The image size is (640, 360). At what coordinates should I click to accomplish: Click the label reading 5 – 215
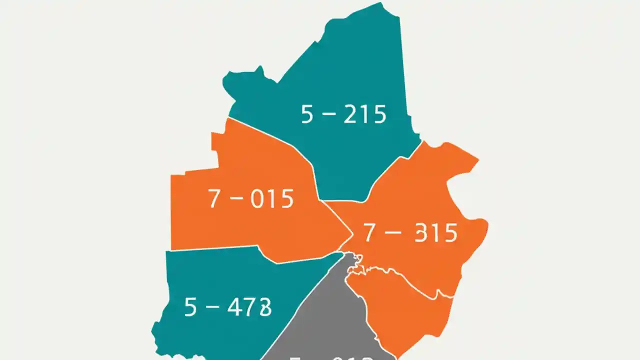pos(343,114)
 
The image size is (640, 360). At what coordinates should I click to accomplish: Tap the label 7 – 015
pos(250,199)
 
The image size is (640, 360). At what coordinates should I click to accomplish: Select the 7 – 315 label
pos(410,233)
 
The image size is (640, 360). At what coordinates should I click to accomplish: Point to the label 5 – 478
pos(228,306)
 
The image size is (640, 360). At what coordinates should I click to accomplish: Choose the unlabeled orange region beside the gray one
pos(400,310)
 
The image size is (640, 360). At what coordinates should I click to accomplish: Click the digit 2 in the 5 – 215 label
pos(351,114)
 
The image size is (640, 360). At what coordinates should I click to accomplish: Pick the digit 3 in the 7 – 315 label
pos(422,233)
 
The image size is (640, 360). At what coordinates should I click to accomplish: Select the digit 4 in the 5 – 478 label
pos(235,306)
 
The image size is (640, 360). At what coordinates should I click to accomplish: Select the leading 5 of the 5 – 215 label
pos(307,114)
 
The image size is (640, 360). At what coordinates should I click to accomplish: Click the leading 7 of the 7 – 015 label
pos(213,199)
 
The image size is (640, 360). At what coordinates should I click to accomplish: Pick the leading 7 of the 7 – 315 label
pos(369,233)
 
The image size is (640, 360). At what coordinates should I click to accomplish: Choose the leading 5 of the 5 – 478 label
pos(190,306)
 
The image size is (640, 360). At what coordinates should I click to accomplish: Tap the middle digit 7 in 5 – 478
pos(250,306)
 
